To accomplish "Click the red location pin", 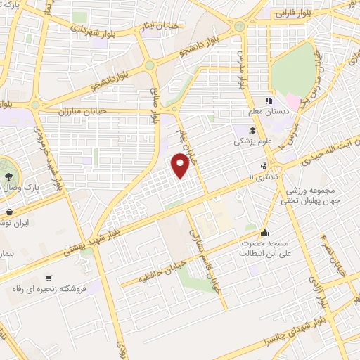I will point(181,167).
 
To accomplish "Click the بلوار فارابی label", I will point(292,13).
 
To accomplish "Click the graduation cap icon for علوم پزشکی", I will point(250,130).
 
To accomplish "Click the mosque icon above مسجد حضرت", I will point(264,233).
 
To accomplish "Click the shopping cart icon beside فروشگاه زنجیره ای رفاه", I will point(49,278).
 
